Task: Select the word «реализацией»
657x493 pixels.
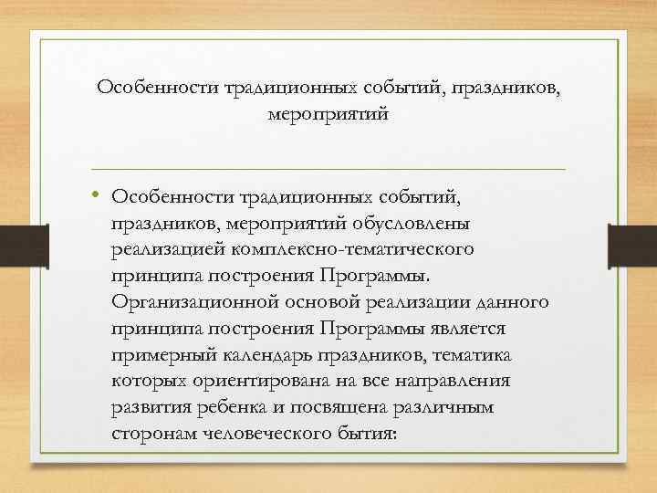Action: click(x=170, y=249)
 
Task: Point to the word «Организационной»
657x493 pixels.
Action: click(x=186, y=301)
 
